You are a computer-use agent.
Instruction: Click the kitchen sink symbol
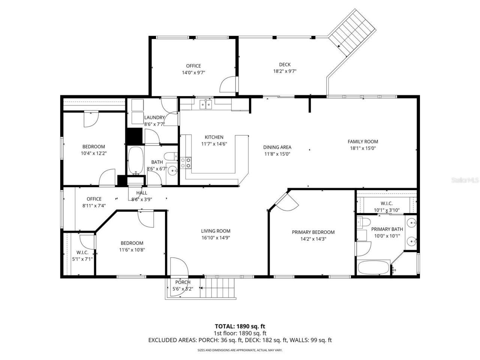205,104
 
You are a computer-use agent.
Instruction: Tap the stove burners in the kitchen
186,163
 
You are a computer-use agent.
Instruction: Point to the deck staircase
352,33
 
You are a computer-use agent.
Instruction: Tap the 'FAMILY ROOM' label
363,141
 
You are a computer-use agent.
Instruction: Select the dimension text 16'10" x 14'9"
216,237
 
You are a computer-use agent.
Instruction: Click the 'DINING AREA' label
277,147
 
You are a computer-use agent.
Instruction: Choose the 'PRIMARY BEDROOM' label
313,232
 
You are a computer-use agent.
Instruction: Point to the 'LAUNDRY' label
154,117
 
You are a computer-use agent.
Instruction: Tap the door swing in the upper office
228,84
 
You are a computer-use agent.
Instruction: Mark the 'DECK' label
285,64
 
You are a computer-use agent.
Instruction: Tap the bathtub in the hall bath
135,160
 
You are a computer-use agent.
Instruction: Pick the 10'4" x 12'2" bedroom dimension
94,153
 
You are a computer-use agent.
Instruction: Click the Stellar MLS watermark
465,180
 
